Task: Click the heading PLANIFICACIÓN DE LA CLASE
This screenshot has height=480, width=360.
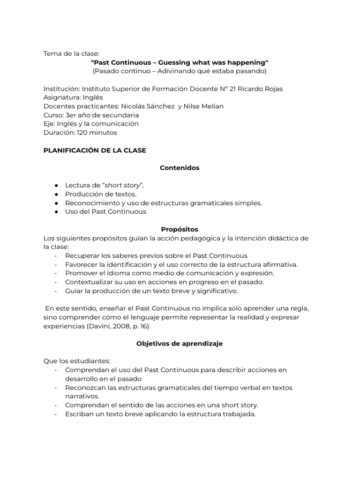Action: coord(95,150)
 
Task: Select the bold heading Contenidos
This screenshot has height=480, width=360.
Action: coord(180,168)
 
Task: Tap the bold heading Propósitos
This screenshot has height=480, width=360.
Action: coord(180,229)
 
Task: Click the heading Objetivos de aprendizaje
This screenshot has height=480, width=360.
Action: coord(180,344)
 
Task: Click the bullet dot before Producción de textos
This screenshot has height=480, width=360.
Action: coord(56,195)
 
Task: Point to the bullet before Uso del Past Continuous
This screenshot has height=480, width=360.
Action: coord(56,212)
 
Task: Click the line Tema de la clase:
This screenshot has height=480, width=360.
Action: coord(71,54)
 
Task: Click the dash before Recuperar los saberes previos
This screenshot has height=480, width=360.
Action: coord(56,256)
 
